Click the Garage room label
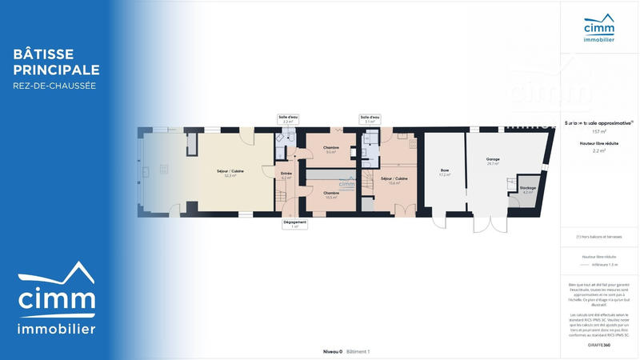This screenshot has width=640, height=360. [493, 160]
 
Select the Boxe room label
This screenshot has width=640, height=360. [445, 171]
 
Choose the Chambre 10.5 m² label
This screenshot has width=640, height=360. [330, 194]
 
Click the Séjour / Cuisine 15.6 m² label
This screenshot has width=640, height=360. [394, 180]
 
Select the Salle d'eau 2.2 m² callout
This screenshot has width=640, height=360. [288, 119]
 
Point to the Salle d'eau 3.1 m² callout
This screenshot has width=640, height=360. [370, 119]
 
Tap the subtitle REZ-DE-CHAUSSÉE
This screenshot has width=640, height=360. [54, 86]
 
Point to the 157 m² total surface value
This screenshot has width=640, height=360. [599, 131]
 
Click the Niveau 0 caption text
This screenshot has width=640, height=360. [333, 351]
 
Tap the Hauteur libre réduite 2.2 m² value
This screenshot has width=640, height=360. [599, 150]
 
